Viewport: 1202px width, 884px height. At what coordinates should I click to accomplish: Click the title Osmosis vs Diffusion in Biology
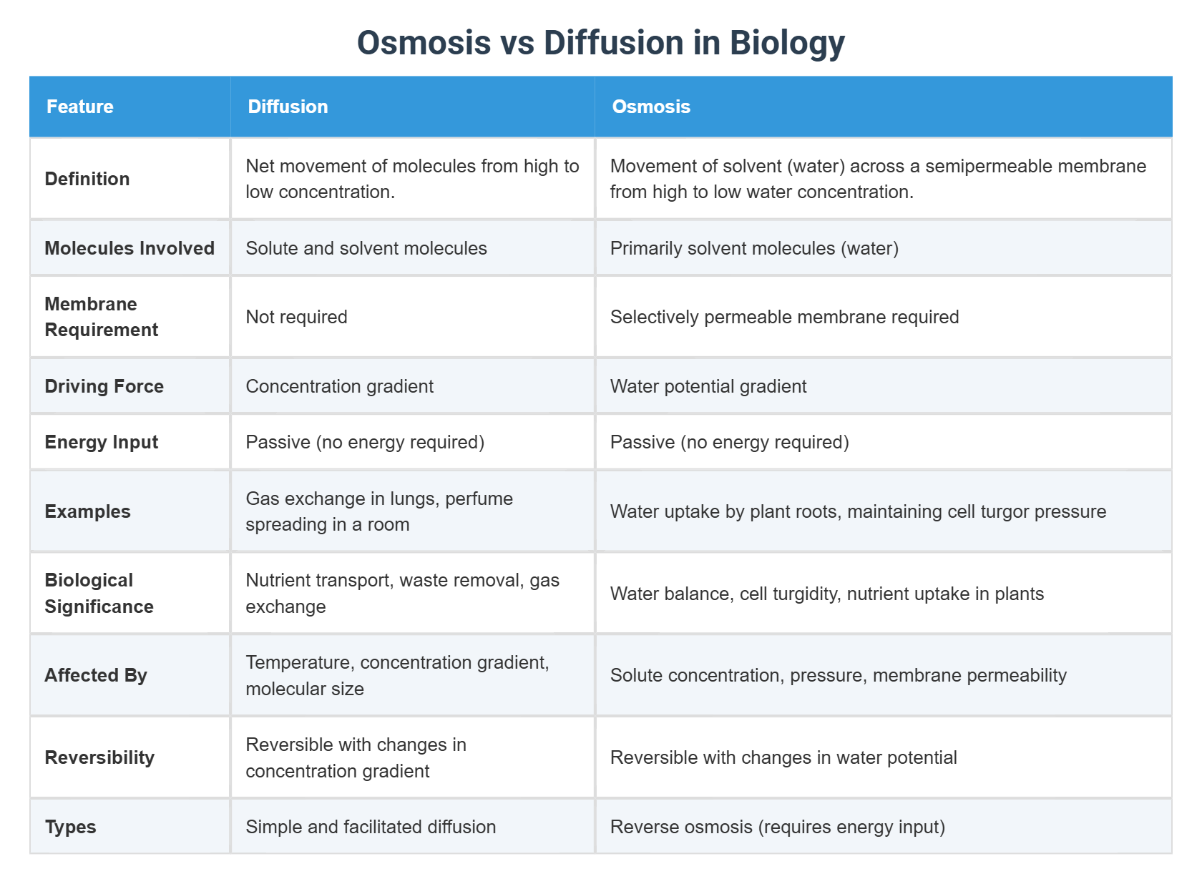tap(600, 43)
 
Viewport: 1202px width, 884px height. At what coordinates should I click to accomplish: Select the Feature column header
tap(80, 107)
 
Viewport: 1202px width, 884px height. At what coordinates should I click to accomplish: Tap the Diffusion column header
tap(288, 107)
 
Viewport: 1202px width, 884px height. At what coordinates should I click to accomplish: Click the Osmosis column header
tap(651, 107)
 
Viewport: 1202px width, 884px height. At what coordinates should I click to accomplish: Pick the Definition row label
tap(87, 179)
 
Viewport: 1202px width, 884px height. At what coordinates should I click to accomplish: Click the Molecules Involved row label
tap(130, 248)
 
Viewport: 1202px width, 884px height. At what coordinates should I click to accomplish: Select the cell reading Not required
tap(296, 317)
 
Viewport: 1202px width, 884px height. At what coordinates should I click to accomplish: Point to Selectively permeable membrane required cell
tap(784, 317)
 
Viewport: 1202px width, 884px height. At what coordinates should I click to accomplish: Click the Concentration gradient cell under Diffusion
tap(339, 386)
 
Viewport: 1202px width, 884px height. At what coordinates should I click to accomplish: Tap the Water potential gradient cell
tap(708, 386)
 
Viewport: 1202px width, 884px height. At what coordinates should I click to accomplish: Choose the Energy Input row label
tap(102, 442)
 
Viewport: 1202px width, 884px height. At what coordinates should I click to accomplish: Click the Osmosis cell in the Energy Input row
tap(729, 442)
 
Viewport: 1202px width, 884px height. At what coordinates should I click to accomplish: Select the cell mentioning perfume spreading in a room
tap(379, 511)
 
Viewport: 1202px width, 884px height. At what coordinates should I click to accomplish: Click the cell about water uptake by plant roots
tap(858, 511)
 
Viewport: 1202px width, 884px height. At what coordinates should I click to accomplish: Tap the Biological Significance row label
tap(99, 593)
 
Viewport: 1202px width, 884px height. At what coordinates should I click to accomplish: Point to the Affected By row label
tap(96, 675)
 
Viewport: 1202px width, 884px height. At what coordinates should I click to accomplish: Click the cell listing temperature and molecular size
tap(397, 675)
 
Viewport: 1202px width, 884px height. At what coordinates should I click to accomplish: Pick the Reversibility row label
tap(99, 757)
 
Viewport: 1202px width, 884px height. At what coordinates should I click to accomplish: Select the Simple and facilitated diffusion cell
tap(371, 827)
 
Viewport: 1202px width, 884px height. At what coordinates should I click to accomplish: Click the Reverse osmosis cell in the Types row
tap(777, 827)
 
